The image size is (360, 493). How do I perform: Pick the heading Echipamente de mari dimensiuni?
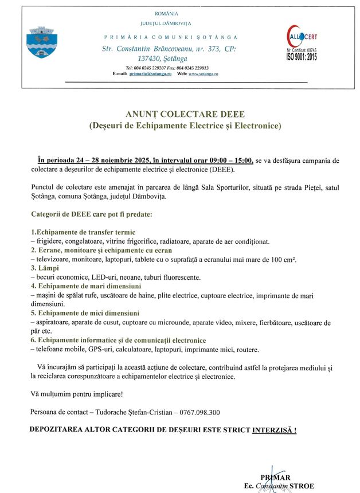pos(89,285)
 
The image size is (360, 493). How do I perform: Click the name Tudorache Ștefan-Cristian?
pos(126,412)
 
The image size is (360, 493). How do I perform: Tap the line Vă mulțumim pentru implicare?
pos(76,394)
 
